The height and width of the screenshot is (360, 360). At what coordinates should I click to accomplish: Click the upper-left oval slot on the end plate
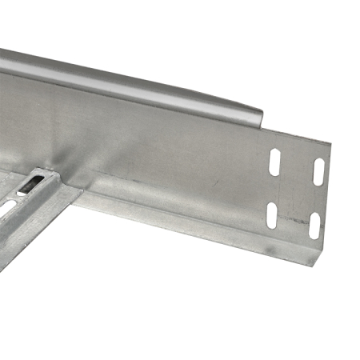[x=275, y=162]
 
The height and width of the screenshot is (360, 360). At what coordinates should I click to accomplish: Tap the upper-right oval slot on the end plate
[x=318, y=171]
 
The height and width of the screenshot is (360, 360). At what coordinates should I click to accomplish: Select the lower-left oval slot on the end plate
[x=271, y=214]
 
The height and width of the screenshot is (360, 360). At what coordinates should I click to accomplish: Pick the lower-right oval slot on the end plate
[x=314, y=226]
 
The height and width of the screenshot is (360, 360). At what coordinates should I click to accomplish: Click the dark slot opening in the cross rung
[x=30, y=185]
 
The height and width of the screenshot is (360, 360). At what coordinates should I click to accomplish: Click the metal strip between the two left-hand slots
[x=273, y=189]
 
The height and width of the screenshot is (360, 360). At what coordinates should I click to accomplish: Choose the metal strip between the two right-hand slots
[x=317, y=199]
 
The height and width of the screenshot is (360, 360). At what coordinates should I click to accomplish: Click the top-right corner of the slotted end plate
[x=330, y=144]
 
